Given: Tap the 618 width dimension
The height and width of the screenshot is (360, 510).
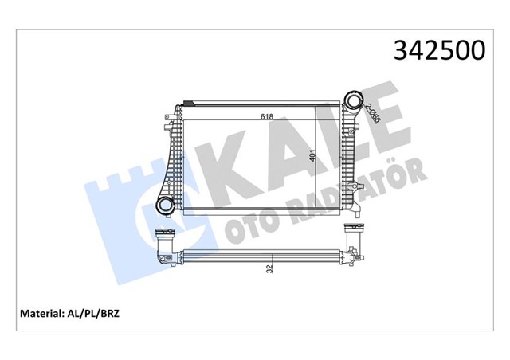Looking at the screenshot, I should pyautogui.click(x=266, y=116).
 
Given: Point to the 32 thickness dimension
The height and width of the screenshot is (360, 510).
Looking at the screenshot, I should pyautogui.click(x=270, y=269).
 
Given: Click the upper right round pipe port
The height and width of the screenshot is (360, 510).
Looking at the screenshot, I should pyautogui.click(x=351, y=104).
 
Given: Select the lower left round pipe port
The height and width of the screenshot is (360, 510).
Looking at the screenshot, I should pyautogui.click(x=164, y=206).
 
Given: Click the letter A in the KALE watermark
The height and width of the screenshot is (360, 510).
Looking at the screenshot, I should pyautogui.click(x=276, y=151).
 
